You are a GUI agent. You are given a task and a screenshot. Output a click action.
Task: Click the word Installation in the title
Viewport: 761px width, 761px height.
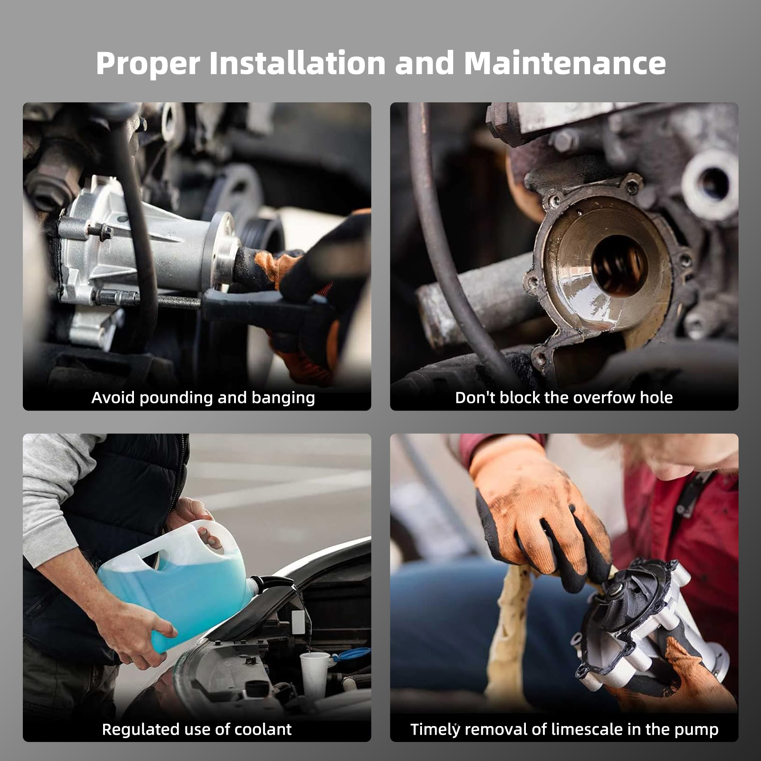pyautogui.click(x=297, y=63)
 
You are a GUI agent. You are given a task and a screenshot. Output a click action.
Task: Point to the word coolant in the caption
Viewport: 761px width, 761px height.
pyautogui.click(x=263, y=729)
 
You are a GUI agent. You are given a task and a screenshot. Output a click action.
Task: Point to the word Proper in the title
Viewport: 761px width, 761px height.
pyautogui.click(x=148, y=63)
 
